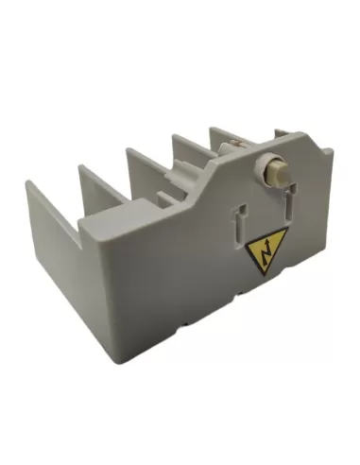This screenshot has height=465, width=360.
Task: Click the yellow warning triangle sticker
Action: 260,253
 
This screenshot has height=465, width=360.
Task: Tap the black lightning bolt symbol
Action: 260,251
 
